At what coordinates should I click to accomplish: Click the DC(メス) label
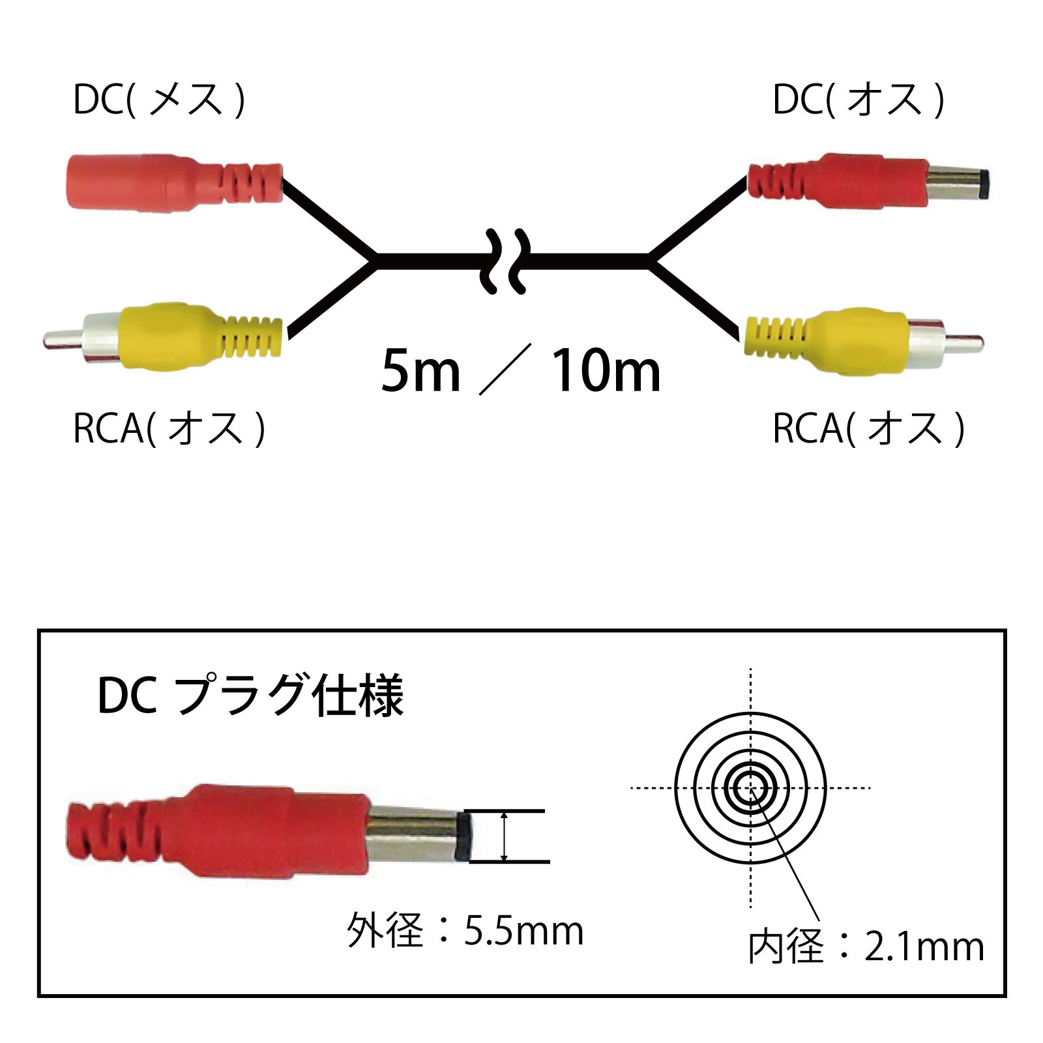pyautogui.click(x=159, y=100)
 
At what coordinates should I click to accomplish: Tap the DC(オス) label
pyautogui.click(x=859, y=100)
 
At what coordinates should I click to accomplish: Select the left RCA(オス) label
pyautogui.click(x=169, y=428)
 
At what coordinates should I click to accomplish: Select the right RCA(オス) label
pyautogui.click(x=868, y=428)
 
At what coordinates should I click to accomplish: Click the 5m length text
pyautogui.click(x=420, y=371)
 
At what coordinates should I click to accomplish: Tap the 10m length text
pyautogui.click(x=606, y=371)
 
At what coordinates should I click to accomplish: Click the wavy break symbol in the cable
pyautogui.click(x=505, y=261)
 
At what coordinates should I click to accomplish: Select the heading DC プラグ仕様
pyautogui.click(x=251, y=696)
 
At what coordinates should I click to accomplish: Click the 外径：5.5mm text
pyautogui.click(x=465, y=930)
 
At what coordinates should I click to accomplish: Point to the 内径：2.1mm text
pyautogui.click(x=866, y=947)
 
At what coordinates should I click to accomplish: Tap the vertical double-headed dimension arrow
pyautogui.click(x=504, y=836)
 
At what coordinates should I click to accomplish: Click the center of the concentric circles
pyautogui.click(x=751, y=788)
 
